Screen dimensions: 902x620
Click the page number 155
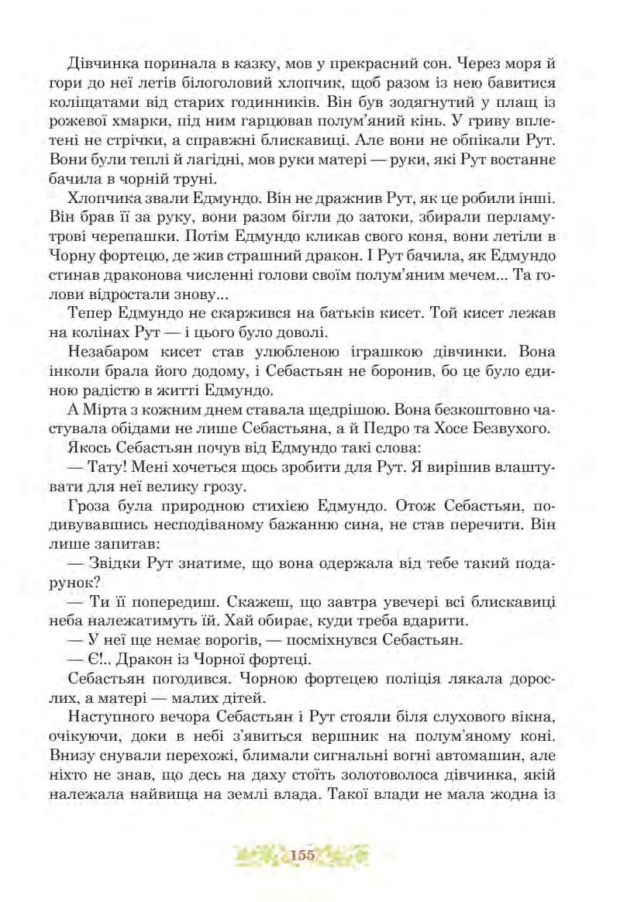(x=302, y=855)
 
